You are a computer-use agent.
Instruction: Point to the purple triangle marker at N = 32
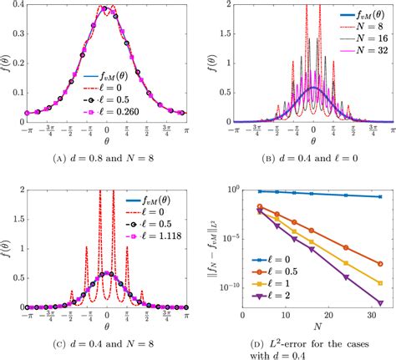380,302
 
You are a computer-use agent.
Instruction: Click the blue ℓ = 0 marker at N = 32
380,197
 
